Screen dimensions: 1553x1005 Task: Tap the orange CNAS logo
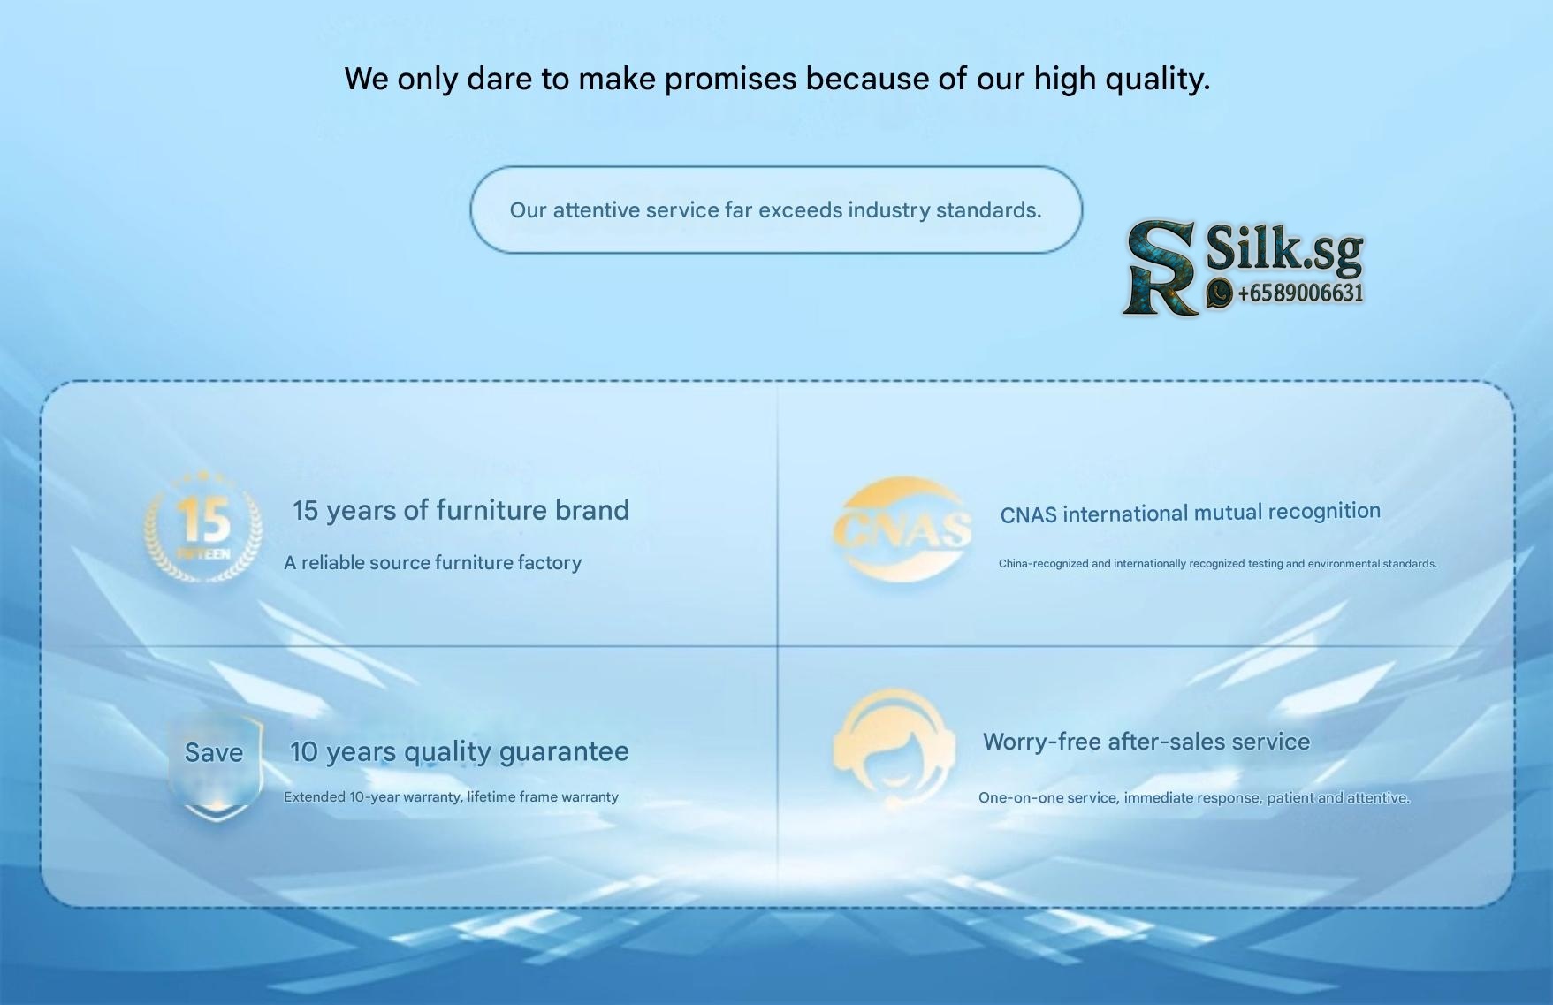pyautogui.click(x=902, y=528)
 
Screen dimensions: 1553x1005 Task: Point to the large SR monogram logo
pyautogui.click(x=1161, y=267)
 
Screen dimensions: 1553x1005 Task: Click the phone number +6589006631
pyautogui.click(x=1300, y=293)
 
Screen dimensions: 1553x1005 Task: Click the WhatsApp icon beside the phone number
pyautogui.click(x=1220, y=293)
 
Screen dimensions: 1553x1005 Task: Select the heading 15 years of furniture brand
pyautogui.click(x=461, y=510)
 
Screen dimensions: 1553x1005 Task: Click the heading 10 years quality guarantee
pyautogui.click(x=460, y=751)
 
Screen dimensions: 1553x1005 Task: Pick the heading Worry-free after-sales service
pyautogui.click(x=1146, y=742)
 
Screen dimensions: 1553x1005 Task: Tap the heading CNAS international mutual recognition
pyautogui.click(x=1190, y=513)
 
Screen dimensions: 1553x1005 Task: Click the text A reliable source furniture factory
pyautogui.click(x=432, y=563)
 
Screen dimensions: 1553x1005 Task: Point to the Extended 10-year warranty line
pyautogui.click(x=451, y=796)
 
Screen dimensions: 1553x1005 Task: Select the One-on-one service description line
pyautogui.click(x=1194, y=797)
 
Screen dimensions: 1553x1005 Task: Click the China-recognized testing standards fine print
pyautogui.click(x=1218, y=563)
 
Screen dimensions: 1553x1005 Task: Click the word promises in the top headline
pyautogui.click(x=731, y=80)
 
